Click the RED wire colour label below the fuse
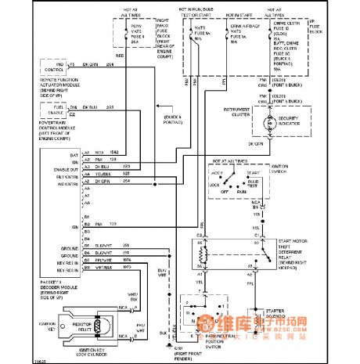tap(119, 56)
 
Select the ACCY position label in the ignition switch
tap(215, 173)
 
